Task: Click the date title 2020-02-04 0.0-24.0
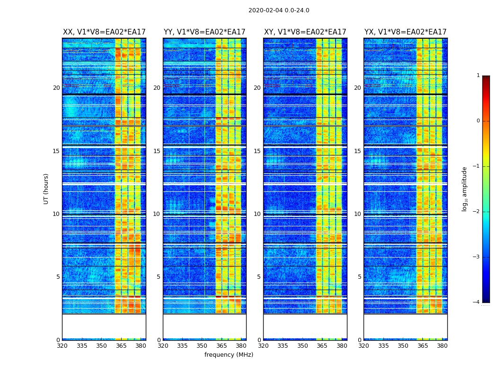[279, 10]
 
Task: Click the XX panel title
[104, 32]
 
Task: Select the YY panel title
[204, 32]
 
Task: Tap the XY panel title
[305, 32]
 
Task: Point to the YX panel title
[406, 32]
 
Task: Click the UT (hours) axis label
[46, 189]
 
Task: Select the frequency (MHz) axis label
[229, 355]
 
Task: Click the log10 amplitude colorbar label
[465, 189]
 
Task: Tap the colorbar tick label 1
[478, 76]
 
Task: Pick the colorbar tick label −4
[477, 302]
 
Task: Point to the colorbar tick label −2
[477, 212]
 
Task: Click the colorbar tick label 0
[478, 121]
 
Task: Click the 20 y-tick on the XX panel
[56, 88]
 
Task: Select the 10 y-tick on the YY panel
[157, 214]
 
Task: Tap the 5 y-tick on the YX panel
[359, 277]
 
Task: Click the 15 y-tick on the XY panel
[257, 151]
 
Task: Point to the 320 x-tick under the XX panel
[62, 346]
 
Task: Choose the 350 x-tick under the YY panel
[202, 346]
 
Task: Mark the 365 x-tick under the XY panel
[322, 346]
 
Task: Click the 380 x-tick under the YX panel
[442, 346]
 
